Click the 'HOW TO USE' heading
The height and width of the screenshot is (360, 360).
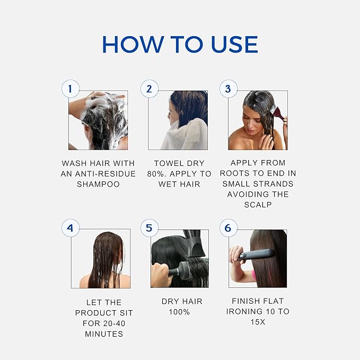[180, 45]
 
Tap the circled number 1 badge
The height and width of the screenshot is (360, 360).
[71, 89]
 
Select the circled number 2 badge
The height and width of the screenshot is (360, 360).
[150, 89]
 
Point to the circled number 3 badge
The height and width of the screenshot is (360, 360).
[228, 89]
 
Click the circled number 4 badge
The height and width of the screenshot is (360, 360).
[71, 228]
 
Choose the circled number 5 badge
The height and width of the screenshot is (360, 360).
[150, 228]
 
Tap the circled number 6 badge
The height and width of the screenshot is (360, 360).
[228, 228]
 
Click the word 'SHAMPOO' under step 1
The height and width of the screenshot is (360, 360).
[98, 185]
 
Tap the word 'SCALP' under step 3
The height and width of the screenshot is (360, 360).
[258, 205]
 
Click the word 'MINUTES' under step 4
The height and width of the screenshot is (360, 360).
[104, 334]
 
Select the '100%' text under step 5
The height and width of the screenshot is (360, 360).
[179, 313]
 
